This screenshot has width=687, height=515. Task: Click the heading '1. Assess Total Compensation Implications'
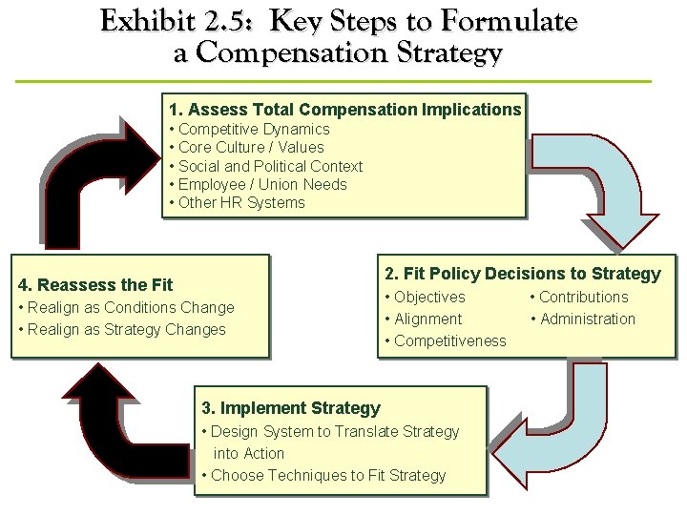pos(344,110)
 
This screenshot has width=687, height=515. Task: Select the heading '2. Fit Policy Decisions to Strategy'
pos(522,274)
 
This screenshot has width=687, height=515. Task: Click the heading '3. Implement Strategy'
pos(291,408)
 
